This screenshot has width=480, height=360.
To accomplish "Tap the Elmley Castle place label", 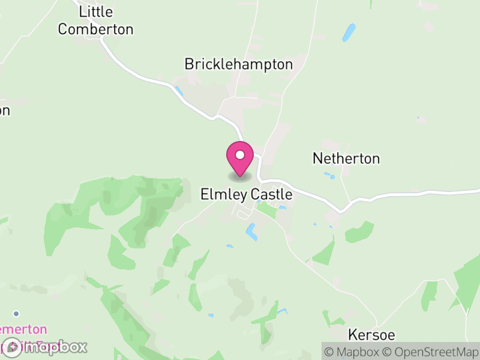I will coord(246,195).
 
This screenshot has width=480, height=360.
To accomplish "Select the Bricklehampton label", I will coord(239,64).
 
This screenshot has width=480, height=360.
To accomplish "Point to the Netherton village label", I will coord(346,159).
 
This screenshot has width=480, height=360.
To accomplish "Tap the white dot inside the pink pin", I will coord(240,155).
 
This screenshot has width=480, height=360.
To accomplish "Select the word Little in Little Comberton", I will coord(96,12).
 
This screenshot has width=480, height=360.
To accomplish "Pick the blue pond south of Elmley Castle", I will coord(251,232).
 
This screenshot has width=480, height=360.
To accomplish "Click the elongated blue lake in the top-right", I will coord(349,32).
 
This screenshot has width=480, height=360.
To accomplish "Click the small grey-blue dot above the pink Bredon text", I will coord(16,313).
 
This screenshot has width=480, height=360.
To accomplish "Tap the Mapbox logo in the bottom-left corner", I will coord(45,347).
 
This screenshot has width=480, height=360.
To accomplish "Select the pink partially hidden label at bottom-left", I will coord(23,330).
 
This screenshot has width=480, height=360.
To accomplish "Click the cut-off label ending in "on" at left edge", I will coord(5,110).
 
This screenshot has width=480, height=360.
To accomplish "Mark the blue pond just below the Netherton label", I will coord(329,176).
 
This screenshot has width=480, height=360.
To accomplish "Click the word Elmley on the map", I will coord(220,195).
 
